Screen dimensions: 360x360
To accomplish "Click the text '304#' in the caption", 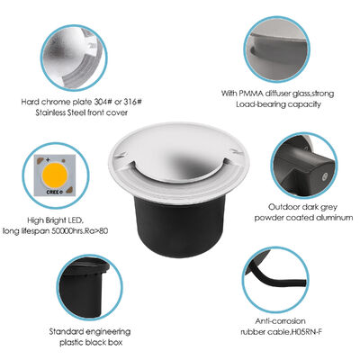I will coord(101,103).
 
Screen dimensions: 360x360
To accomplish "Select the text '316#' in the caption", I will coord(130,103).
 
